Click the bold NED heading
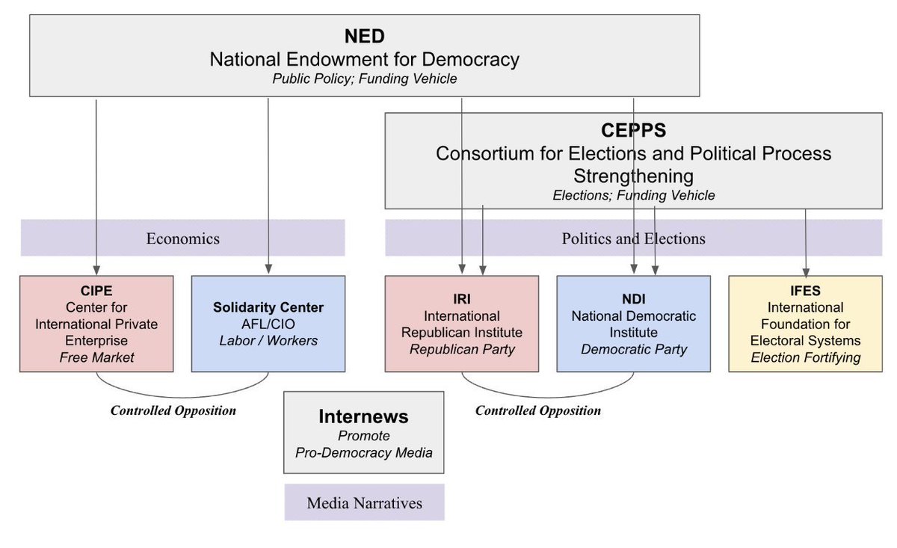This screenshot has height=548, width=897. tap(364, 36)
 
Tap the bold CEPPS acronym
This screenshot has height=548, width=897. tap(633, 131)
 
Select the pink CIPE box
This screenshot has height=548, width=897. tap(96, 323)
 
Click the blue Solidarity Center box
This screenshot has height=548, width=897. tap(268, 323)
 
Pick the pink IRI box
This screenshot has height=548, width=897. tap(461, 323)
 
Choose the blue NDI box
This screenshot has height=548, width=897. tap(633, 323)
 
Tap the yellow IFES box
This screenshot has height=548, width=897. tap(806, 323)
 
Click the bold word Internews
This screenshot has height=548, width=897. tap(363, 416)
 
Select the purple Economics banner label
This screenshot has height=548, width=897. tap(182, 238)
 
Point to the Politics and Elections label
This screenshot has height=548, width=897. tap(633, 238)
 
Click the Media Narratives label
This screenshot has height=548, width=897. tap(364, 503)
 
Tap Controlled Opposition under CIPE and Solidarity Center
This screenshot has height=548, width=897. tap(173, 410)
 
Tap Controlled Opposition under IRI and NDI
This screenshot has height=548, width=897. tap(538, 410)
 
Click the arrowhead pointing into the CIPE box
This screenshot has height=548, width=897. tap(96, 271)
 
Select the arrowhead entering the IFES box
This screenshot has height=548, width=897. tap(806, 271)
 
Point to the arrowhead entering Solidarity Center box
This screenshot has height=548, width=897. tap(268, 271)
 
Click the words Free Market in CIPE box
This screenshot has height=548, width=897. tap(96, 357)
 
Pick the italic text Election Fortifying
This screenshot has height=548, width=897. tap(806, 357)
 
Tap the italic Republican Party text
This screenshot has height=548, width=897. tap(461, 349)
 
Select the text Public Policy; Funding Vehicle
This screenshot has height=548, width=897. tap(364, 78)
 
